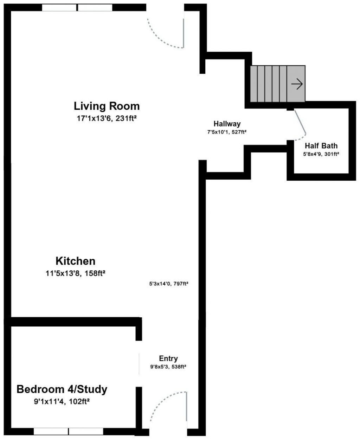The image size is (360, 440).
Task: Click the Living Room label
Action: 107,106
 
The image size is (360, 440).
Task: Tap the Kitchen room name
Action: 75,261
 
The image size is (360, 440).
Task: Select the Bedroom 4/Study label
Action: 62,389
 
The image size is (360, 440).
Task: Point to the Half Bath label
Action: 321,145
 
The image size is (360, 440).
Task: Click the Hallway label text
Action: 227,124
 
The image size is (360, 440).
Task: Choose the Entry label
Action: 168,358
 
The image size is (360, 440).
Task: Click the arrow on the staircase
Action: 297,84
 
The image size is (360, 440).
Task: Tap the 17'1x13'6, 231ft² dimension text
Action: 107,119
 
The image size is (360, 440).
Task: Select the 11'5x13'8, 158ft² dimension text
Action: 76,273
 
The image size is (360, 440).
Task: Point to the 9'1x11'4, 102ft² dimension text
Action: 62,401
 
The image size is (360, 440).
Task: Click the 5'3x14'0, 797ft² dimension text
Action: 169,284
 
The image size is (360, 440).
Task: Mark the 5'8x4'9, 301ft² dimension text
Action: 321,154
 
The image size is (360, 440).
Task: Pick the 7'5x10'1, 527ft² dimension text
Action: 227,132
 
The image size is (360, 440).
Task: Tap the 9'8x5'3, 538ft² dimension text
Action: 168,367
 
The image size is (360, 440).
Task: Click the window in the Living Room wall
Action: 77,7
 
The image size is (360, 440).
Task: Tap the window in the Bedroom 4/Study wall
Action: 69,431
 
